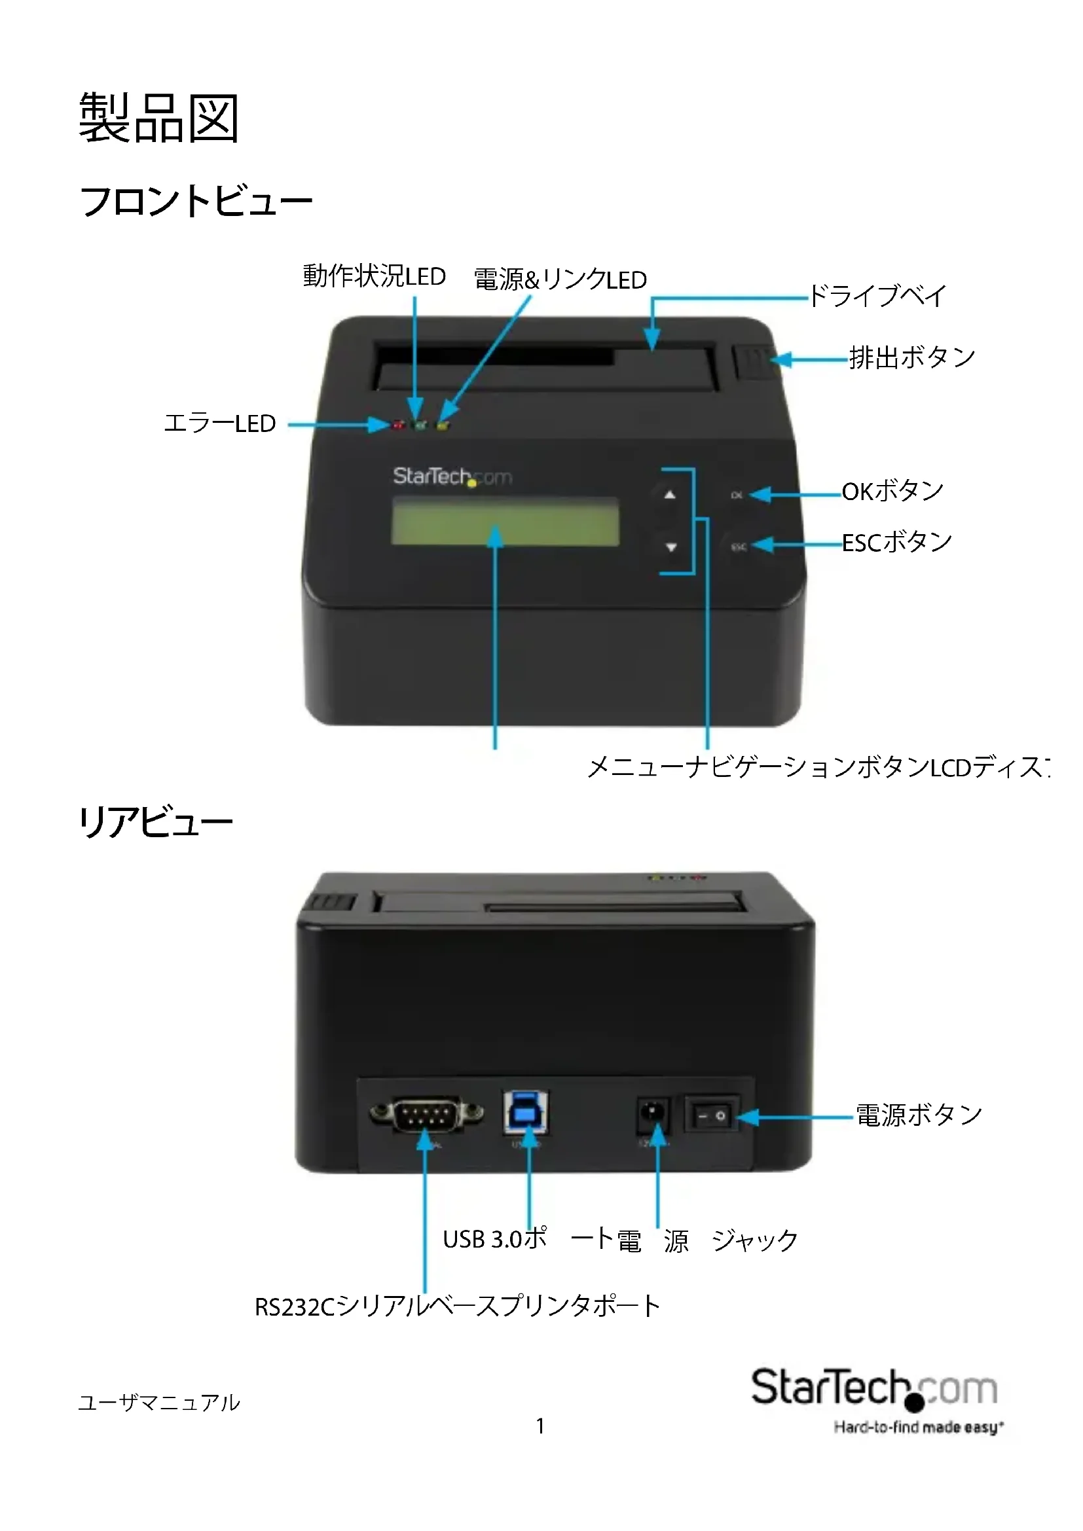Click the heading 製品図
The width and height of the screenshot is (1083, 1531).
158,118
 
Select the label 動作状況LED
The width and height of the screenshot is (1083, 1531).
374,276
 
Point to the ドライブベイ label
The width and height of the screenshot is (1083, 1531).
877,295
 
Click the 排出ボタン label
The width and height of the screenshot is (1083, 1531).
911,357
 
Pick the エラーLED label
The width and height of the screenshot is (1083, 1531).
219,423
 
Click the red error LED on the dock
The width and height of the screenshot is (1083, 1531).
399,425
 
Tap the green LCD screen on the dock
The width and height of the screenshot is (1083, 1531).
505,522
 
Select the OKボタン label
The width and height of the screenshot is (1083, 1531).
892,492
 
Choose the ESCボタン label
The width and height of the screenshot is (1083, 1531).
896,543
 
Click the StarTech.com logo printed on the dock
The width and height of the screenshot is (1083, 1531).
452,477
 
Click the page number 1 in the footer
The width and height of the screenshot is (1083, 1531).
540,1426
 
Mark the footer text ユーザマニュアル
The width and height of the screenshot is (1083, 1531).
158,1402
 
